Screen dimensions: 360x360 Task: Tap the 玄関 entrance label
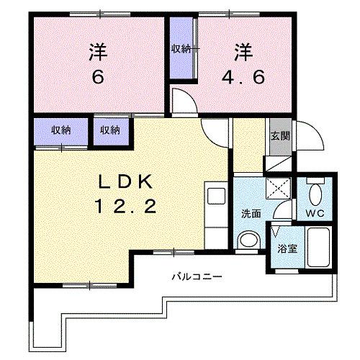(279, 137)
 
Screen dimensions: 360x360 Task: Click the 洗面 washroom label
(251, 213)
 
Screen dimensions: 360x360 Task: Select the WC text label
(315, 214)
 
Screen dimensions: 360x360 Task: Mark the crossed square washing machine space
(276, 189)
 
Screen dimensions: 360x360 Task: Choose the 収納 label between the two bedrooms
(181, 49)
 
